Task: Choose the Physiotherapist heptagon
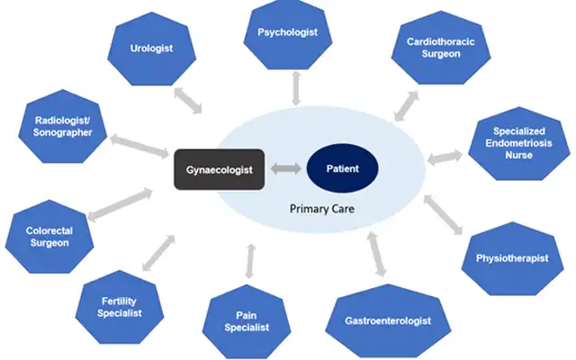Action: tap(511, 259)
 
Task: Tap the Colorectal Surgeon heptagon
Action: tap(48, 237)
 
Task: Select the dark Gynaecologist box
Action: tap(219, 169)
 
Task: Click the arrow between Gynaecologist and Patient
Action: tap(285, 169)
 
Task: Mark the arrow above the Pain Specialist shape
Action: tap(249, 258)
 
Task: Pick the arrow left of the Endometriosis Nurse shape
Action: tap(443, 159)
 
